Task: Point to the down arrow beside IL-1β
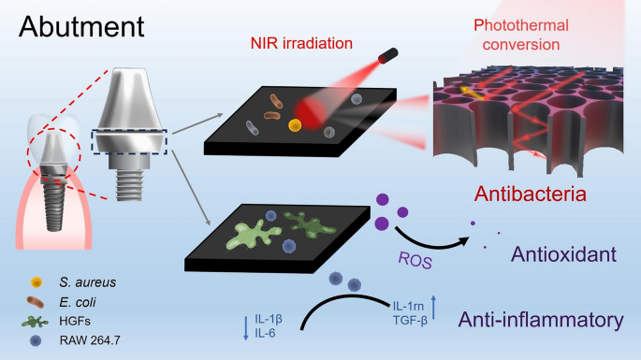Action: click(x=245, y=326)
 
